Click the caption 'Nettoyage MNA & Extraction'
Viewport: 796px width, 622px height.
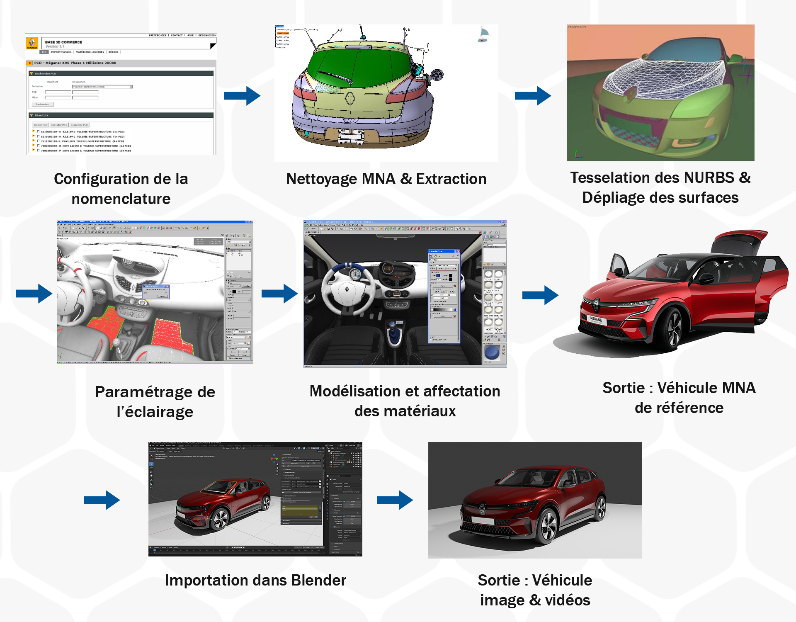coord(386,179)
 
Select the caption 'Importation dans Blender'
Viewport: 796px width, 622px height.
coord(255,580)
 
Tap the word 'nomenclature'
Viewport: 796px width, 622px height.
coord(121,199)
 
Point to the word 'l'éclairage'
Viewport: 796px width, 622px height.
coord(155,412)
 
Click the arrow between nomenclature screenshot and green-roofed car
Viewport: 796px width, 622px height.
coord(242,96)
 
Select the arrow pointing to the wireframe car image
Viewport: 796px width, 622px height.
coord(533,96)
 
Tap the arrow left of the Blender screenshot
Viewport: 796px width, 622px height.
coord(102,500)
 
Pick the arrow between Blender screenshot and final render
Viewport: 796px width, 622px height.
coord(395,500)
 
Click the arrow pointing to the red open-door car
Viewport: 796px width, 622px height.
coord(540,295)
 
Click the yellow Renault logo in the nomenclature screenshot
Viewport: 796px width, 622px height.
coord(32,43)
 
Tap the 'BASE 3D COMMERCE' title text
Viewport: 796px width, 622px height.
coord(63,42)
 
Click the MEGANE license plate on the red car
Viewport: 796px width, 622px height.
coord(595,320)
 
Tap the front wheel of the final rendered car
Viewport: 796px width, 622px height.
coord(548,526)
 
